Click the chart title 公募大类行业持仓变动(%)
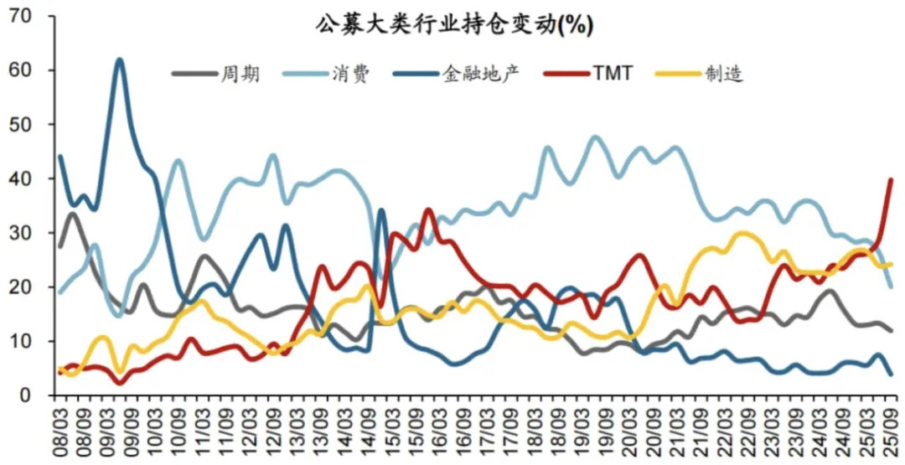click(454, 24)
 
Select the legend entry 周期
click(239, 74)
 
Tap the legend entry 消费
click(350, 74)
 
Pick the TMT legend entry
click(613, 74)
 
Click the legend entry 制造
click(718, 74)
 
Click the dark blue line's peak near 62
click(120, 59)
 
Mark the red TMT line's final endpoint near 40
click(890, 179)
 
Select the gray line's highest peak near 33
click(73, 214)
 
